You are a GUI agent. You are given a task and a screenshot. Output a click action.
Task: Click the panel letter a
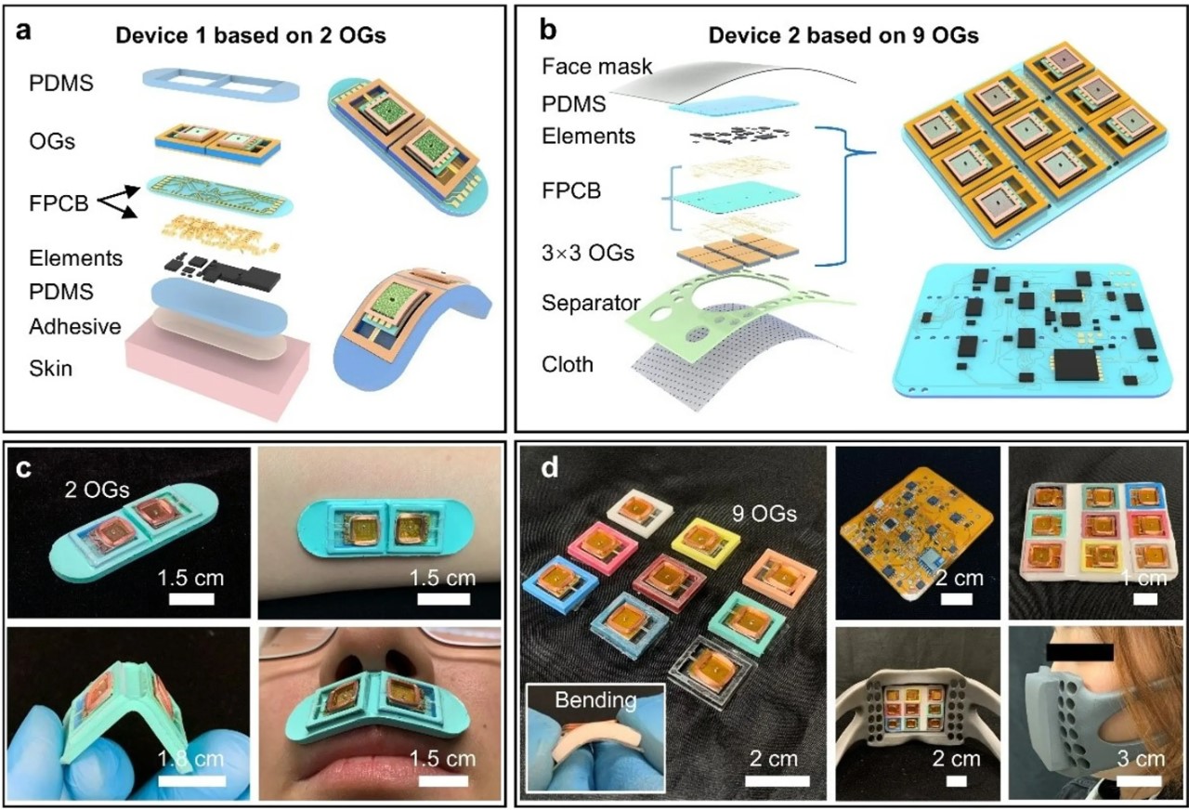(x=24, y=32)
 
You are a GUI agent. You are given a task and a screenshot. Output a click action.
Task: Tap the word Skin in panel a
(x=50, y=369)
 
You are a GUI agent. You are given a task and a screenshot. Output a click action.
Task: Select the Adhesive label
(x=75, y=326)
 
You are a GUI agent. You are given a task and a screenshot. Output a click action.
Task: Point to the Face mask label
(x=596, y=67)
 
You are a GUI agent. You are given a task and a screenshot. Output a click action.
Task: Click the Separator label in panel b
(x=591, y=303)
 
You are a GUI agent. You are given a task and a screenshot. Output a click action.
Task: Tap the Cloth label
(x=567, y=365)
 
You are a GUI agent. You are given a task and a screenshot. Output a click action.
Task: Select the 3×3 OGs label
(x=588, y=253)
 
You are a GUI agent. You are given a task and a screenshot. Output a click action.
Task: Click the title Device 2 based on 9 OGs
(x=843, y=35)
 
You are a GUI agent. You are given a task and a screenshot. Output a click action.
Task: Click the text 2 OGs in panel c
(x=98, y=490)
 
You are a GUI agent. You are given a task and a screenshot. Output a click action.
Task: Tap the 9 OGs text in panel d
(x=764, y=514)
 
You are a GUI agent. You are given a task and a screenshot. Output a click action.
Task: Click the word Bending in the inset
(x=595, y=700)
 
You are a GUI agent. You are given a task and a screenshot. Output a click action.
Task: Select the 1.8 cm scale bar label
(x=190, y=759)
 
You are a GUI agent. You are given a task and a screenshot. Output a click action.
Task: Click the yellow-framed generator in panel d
(x=705, y=541)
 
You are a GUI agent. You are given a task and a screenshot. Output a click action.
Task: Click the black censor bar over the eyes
(x=1079, y=652)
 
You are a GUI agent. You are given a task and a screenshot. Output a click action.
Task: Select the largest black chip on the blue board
(x=1076, y=365)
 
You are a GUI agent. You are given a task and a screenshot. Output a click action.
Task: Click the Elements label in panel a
(x=75, y=258)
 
